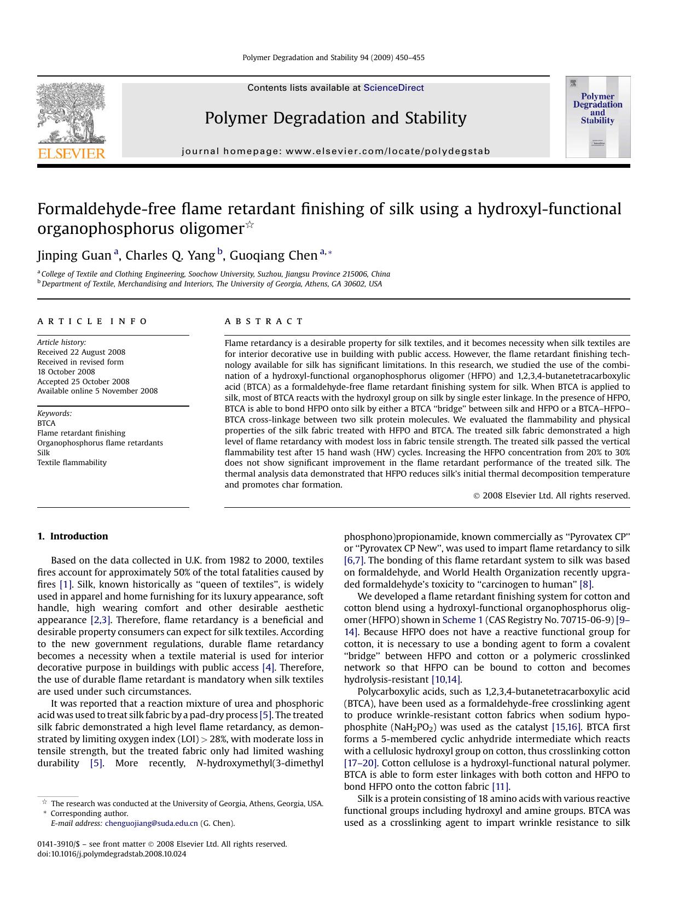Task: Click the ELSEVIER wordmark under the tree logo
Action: [71, 154]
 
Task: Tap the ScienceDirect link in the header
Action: [393, 88]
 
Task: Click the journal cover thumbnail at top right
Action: [597, 117]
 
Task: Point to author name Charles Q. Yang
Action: [170, 256]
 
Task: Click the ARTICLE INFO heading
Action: [92, 321]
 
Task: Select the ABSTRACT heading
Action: [264, 321]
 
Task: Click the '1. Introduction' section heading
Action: [73, 536]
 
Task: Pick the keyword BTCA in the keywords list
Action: [47, 423]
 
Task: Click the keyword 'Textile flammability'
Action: [72, 462]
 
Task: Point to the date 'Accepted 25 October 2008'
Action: [83, 381]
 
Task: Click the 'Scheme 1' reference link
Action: [462, 620]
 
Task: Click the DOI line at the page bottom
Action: [112, 854]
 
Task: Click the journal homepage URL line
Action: [335, 151]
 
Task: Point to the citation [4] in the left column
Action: [268, 667]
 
